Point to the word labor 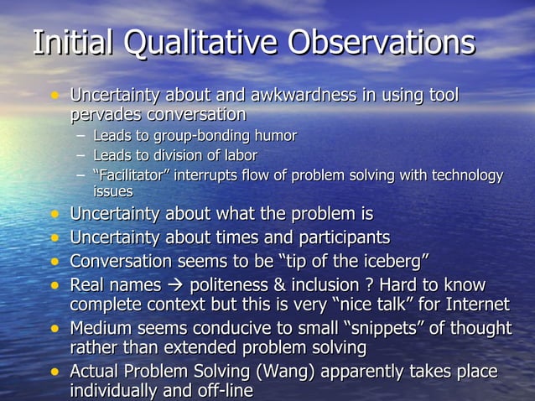coord(238,155)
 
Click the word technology coord(464,175)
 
